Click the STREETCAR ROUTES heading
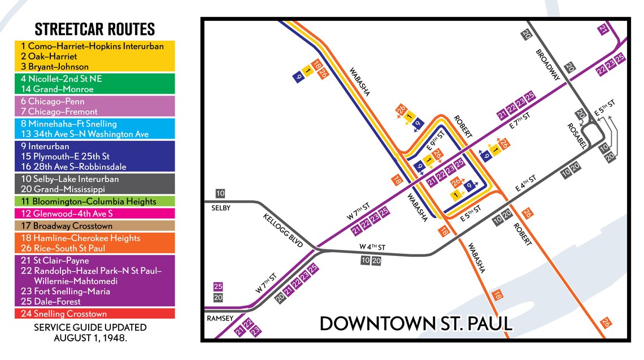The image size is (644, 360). [94, 29]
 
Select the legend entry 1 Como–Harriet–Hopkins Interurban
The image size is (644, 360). [92, 46]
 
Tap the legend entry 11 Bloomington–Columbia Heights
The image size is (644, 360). [88, 202]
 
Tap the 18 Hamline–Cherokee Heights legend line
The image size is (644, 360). [80, 238]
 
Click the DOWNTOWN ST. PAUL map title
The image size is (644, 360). [416, 324]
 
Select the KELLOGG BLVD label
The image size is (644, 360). [283, 231]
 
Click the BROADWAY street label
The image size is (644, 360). [548, 65]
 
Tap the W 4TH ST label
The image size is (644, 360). [372, 247]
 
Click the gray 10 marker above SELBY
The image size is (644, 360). [220, 194]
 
